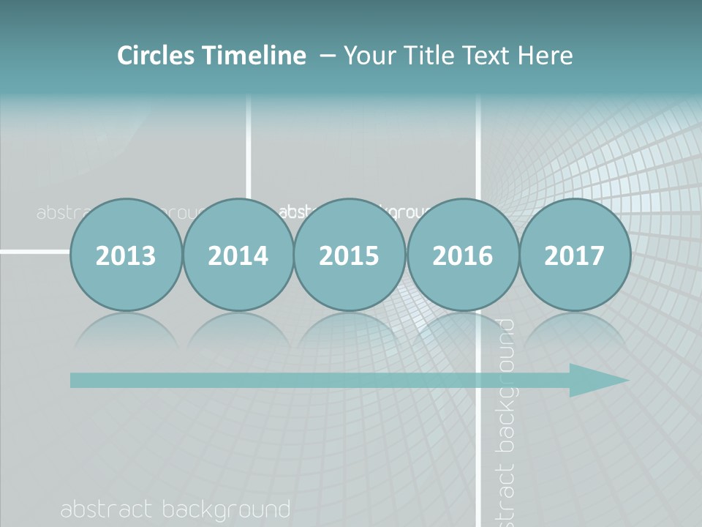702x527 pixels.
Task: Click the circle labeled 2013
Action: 126,255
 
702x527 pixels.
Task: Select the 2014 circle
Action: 238,255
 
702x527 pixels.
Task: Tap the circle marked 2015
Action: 350,255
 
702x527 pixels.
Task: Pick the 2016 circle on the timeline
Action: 462,255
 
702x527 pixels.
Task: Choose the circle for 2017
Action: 575,255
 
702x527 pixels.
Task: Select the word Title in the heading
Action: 424,56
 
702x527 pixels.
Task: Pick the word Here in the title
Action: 544,56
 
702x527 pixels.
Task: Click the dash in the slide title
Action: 328,56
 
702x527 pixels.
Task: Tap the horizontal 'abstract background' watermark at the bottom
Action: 175,509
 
